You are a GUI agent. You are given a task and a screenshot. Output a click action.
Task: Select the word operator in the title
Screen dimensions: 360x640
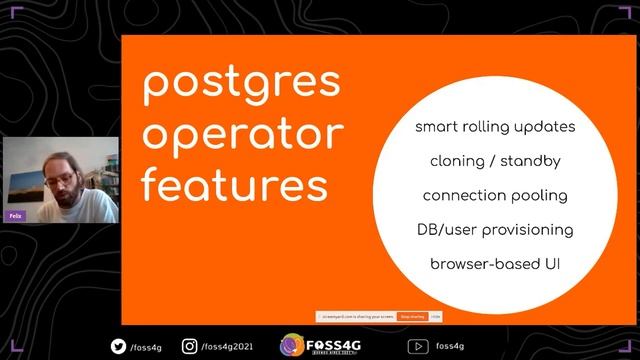pyautogui.click(x=242, y=135)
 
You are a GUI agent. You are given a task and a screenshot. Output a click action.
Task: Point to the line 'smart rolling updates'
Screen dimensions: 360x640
pyautogui.click(x=495, y=128)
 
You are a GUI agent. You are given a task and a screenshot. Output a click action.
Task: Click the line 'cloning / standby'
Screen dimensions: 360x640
pyautogui.click(x=495, y=161)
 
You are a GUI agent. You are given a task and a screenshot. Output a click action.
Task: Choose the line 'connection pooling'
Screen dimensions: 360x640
pyautogui.click(x=495, y=195)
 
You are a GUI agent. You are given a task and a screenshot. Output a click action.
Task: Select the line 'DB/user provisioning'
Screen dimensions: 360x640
pyautogui.click(x=495, y=230)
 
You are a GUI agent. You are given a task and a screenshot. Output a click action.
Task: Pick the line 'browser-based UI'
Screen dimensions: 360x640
pyautogui.click(x=495, y=264)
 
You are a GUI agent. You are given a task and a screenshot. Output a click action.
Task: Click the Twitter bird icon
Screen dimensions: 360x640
pyautogui.click(x=118, y=346)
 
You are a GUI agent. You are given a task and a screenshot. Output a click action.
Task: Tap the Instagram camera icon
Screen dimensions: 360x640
pyautogui.click(x=189, y=346)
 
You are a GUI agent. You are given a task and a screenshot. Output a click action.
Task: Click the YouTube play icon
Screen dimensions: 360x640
pyautogui.click(x=418, y=346)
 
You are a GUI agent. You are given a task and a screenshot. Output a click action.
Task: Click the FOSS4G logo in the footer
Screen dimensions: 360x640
pyautogui.click(x=320, y=345)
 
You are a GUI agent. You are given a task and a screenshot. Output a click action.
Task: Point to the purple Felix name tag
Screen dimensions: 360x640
pyautogui.click(x=15, y=214)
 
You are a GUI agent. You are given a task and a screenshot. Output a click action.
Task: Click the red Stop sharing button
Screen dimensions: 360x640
pyautogui.click(x=412, y=316)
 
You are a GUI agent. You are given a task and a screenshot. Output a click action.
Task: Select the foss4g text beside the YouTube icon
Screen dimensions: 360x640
pyautogui.click(x=450, y=347)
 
